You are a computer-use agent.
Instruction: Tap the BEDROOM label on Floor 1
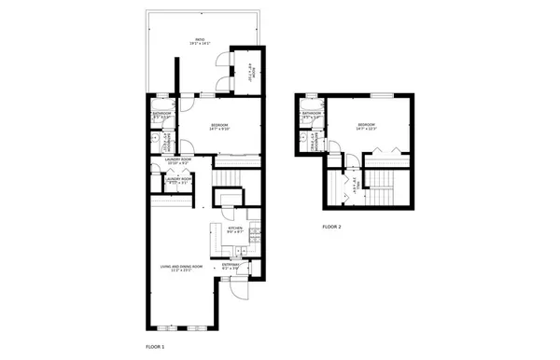pos(220,124)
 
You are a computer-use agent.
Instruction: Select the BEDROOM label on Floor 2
pos(366,124)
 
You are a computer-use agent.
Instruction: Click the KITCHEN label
pos(236,227)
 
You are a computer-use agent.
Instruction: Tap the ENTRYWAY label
pos(231,265)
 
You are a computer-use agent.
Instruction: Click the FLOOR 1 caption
pos(156,346)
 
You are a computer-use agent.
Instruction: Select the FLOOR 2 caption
pos(332,227)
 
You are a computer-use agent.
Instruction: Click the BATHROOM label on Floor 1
pos(162,114)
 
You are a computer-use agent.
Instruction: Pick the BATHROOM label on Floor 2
pos(312,114)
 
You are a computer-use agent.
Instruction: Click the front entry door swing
pos(238,285)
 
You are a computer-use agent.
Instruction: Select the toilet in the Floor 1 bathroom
pos(156,135)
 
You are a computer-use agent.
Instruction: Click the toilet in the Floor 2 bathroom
pos(305,135)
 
